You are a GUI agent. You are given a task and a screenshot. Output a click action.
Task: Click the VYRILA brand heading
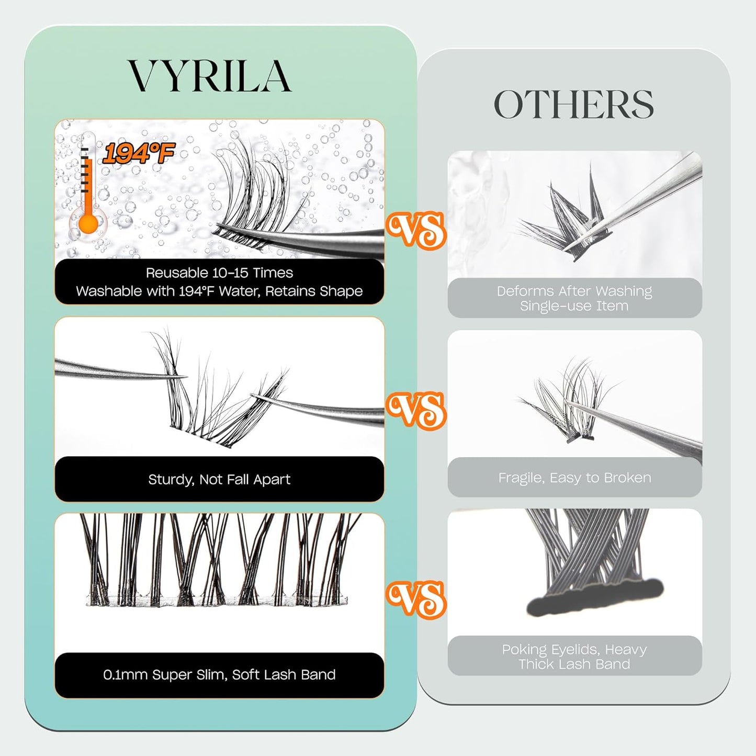tap(209, 76)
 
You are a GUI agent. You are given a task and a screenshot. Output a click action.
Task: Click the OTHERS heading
tap(574, 104)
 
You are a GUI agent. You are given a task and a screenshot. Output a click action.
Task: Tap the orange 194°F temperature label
tap(138, 152)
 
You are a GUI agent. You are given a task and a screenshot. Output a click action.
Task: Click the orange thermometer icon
tap(88, 194)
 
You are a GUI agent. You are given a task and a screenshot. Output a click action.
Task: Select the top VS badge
tap(416, 230)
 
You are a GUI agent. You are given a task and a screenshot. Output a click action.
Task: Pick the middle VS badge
tap(416, 411)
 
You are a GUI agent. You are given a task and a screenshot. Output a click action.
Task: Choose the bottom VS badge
tap(416, 599)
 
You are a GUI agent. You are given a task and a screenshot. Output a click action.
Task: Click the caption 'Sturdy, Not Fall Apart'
tap(219, 479)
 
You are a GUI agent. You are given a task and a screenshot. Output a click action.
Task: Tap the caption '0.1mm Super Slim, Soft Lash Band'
tap(219, 675)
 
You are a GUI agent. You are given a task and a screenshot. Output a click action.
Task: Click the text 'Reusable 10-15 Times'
tap(219, 273)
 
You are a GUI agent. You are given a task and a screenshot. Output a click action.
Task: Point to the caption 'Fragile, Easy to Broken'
tap(574, 478)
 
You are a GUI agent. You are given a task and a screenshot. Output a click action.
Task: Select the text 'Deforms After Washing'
tap(574, 291)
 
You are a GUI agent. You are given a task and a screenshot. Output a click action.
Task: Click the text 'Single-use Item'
tap(574, 306)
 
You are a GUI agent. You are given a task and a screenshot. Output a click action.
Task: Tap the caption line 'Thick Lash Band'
tap(574, 664)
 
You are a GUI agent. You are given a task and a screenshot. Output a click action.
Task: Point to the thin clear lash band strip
tap(217, 600)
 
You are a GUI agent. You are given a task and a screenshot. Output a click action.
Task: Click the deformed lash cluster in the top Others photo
tap(565, 220)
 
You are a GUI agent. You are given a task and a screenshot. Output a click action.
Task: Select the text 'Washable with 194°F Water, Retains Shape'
tap(219, 291)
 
